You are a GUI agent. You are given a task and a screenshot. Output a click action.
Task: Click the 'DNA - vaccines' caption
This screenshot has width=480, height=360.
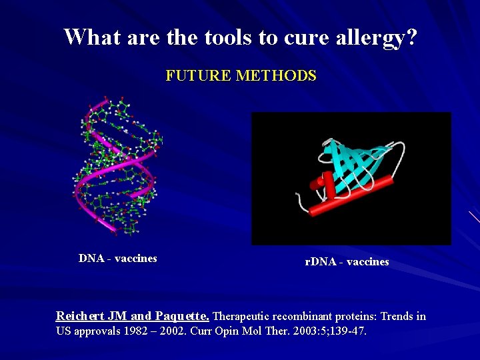click(x=118, y=259)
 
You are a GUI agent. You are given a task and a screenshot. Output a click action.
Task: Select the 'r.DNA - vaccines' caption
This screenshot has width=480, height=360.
click(x=347, y=262)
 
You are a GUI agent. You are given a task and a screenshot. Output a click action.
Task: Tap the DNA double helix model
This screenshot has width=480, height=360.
click(x=117, y=167)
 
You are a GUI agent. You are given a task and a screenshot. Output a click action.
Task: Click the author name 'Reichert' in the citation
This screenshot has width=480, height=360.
click(x=79, y=316)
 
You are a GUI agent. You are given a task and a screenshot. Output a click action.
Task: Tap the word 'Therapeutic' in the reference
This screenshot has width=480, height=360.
click(x=243, y=316)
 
